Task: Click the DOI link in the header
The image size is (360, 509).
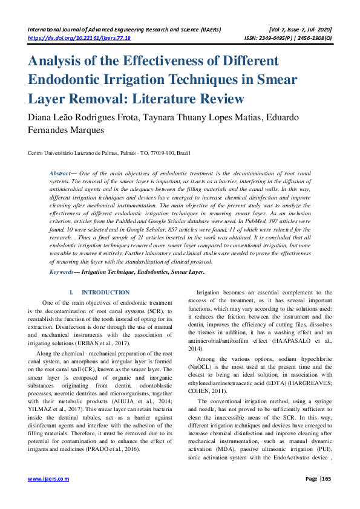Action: pos(79,37)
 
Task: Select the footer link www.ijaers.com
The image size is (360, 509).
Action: pos(49,479)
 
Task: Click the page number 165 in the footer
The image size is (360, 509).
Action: pos(327,479)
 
